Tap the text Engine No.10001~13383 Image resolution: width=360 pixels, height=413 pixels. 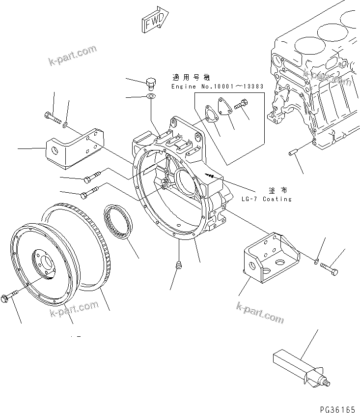click(x=218, y=87)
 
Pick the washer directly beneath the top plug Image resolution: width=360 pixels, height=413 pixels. click(x=152, y=96)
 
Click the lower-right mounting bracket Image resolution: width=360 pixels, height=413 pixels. click(x=269, y=258)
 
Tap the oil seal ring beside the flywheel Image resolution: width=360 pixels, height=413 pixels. click(x=118, y=222)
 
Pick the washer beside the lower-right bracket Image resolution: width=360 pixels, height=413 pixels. click(x=316, y=260)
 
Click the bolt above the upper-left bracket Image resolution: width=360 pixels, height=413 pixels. click(x=52, y=117)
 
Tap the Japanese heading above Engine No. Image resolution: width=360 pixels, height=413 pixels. click(x=191, y=78)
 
